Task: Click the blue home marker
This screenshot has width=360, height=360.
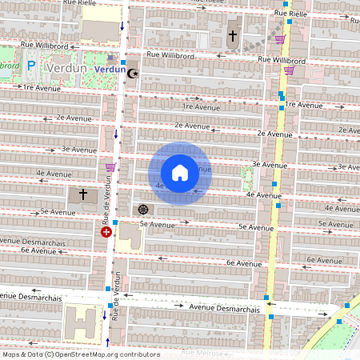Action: [180, 172]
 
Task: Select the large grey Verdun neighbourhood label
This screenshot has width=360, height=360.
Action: [67, 68]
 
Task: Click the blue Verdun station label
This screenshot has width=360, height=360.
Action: [109, 70]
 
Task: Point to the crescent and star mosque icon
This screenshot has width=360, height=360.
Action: [133, 72]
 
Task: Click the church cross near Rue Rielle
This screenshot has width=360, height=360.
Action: [233, 36]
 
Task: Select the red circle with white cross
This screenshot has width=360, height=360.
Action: [106, 232]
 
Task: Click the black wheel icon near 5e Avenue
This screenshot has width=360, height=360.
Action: [143, 210]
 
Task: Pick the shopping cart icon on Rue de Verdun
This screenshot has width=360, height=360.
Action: [110, 167]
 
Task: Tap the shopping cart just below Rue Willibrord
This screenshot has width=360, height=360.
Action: [288, 70]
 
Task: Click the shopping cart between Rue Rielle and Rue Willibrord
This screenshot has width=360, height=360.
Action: [280, 38]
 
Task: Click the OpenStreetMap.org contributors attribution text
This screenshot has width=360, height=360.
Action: [108, 354]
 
